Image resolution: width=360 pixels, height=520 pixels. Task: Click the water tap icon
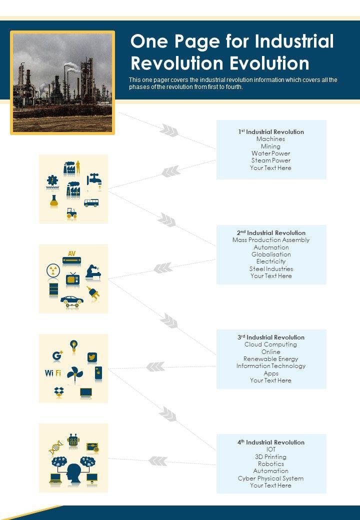[94, 180]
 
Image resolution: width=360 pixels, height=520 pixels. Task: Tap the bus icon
[91, 202]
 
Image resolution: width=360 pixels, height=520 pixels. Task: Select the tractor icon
[72, 213]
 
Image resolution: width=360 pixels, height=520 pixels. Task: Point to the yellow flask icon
[54, 201]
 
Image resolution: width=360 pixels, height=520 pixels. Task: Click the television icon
[72, 278]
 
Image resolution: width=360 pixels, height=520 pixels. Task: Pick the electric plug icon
[93, 293]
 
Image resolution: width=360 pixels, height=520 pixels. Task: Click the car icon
[72, 300]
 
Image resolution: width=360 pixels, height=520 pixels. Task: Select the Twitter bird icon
[92, 357]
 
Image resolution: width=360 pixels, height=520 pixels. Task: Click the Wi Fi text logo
[52, 373]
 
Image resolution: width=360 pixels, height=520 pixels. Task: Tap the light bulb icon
[74, 345]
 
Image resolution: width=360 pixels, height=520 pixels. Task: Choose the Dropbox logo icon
[59, 392]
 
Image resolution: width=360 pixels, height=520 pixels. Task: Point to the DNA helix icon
[55, 446]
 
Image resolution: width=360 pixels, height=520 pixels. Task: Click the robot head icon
[73, 440]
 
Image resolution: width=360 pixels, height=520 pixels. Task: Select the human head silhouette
[73, 472]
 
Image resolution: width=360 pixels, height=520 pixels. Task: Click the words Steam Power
[271, 160]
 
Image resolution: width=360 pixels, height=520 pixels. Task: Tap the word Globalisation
[271, 254]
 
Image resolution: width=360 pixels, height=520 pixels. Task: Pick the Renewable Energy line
[271, 358]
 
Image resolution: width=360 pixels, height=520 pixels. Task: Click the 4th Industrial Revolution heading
[271, 442]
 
